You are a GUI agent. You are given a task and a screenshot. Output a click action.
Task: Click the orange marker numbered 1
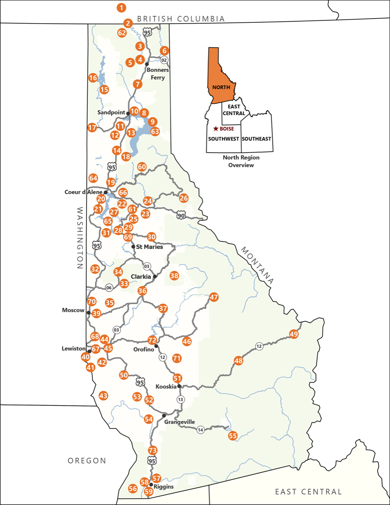121,7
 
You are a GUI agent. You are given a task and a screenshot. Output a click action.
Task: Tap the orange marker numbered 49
294,334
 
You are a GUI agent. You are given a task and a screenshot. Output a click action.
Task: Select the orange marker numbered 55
232,436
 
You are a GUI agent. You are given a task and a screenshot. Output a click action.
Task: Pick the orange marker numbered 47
214,297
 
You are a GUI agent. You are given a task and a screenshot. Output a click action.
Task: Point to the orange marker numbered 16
93,78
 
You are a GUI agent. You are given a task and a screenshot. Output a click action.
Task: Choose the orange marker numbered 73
152,450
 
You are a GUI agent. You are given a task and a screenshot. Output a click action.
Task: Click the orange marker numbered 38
174,276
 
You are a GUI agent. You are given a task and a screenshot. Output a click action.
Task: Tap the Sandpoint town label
111,112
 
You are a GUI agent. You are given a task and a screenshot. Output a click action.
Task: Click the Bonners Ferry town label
158,74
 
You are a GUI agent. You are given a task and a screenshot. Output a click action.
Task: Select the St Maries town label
149,247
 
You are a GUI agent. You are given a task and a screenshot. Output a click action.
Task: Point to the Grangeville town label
179,422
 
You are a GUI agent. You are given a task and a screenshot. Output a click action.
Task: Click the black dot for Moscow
89,313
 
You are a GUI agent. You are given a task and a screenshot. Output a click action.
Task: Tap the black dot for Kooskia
179,386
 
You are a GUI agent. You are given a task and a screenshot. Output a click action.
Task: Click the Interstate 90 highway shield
181,215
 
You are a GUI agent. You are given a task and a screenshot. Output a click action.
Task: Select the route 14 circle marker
200,430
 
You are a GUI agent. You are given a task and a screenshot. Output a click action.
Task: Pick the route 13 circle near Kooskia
180,399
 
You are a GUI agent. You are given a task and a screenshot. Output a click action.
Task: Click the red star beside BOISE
216,129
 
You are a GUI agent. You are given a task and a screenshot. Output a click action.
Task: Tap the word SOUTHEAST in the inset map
256,139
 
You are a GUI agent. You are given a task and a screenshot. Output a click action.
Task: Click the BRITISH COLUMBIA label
181,19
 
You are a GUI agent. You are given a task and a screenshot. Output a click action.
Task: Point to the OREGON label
87,461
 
